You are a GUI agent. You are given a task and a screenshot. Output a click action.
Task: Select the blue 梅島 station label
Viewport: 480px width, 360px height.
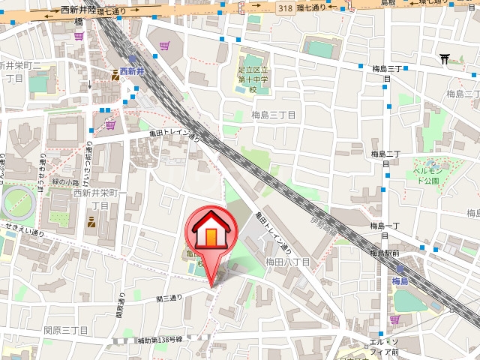[x=399, y=281]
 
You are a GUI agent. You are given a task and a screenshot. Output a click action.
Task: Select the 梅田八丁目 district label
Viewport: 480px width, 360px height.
[x=287, y=262]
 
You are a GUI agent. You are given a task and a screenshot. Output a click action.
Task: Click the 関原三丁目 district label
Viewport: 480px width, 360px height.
[x=66, y=330]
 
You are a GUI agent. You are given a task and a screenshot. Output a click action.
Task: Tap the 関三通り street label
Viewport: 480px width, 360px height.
[x=169, y=298]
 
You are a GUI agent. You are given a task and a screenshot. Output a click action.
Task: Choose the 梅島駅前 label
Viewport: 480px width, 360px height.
[x=384, y=253]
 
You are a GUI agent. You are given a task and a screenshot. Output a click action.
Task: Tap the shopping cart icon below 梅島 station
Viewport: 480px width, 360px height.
[x=394, y=319]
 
